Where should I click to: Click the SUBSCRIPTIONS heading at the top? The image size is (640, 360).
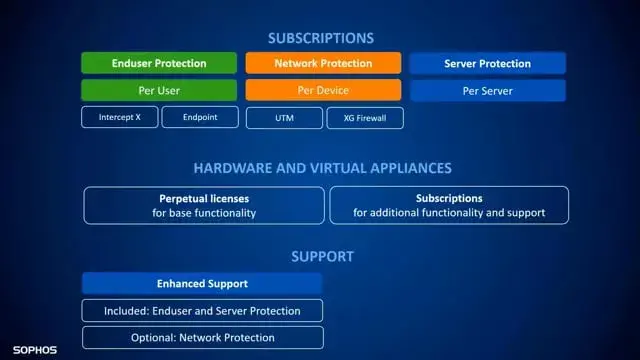coord(321,38)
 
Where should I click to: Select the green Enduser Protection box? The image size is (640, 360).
coord(160,63)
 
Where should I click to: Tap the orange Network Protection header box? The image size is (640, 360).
coord(323,63)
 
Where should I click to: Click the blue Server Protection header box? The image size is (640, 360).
coord(488,63)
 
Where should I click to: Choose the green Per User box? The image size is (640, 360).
coord(160,90)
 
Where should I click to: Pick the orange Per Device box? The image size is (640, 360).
coord(323,90)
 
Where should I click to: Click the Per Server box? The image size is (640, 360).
coord(488,90)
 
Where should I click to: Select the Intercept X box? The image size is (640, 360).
coord(119,117)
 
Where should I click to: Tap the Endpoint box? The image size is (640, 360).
coord(201,117)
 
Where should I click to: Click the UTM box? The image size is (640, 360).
coord(284,118)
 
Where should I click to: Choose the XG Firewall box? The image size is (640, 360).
coord(366,118)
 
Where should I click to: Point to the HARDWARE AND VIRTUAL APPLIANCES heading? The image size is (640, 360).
coord(322,168)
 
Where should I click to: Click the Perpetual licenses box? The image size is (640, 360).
coord(204,205)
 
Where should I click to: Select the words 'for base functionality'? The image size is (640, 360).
coord(204,213)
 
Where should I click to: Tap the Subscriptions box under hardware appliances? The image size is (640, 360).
coord(449,205)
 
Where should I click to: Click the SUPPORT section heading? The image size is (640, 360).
coord(321,256)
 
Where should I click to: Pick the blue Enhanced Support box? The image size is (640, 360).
coord(202,284)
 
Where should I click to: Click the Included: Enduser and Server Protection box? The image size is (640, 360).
coord(202,310)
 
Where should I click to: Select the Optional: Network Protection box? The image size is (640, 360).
coord(202,337)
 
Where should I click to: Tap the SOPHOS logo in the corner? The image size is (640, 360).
coord(34,351)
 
